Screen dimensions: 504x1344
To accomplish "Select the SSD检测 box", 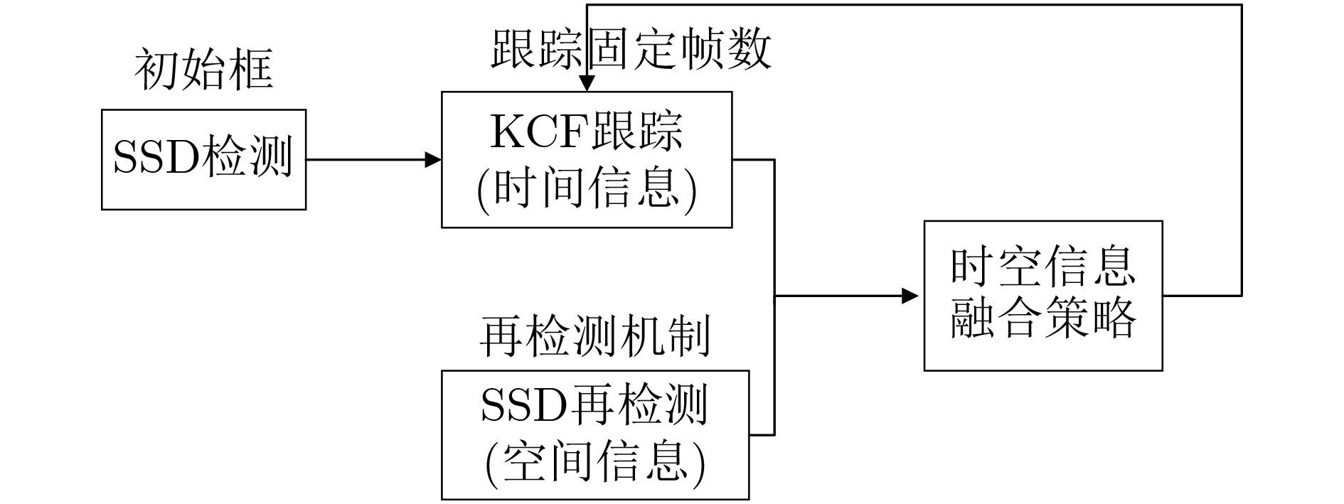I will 203,159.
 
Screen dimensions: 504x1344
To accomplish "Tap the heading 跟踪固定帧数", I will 630,50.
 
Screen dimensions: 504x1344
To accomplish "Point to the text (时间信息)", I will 587,188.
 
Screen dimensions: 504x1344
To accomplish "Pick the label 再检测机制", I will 594,336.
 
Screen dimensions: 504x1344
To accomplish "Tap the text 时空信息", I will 1042,267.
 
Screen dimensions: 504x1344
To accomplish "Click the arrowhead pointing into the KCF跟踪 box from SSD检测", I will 433,160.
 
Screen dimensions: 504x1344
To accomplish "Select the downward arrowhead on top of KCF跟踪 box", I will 586,83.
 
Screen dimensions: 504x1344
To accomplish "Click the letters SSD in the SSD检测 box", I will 155,158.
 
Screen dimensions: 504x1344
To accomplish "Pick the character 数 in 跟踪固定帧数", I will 748,50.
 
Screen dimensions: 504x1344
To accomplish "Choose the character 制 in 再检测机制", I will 688,336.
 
